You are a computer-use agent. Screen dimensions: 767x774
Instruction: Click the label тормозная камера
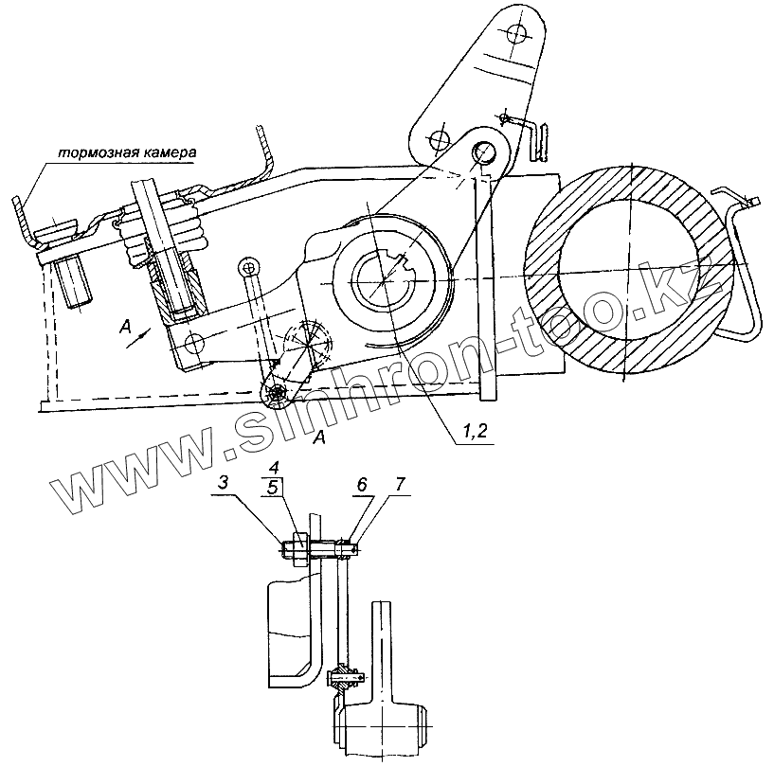click(126, 152)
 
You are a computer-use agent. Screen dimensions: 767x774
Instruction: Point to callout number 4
click(273, 469)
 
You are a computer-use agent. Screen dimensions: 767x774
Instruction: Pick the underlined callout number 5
click(273, 489)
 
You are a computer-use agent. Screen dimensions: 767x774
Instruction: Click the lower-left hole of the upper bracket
click(437, 139)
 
